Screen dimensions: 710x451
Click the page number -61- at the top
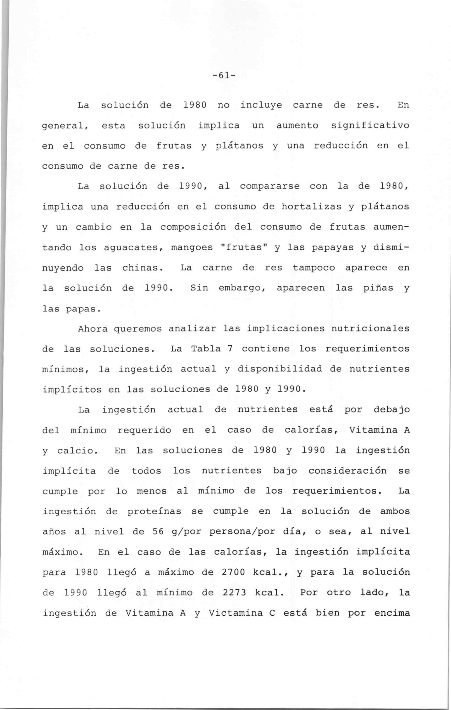tap(224, 76)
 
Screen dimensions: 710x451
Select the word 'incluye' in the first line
tap(261, 105)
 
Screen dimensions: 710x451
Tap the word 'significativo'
tap(370, 126)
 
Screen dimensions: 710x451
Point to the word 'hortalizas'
tap(311, 207)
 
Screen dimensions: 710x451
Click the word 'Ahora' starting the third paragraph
tap(92, 329)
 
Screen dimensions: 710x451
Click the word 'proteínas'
tap(154, 512)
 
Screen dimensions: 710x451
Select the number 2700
tap(234, 572)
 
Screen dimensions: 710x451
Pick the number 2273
tap(234, 593)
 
